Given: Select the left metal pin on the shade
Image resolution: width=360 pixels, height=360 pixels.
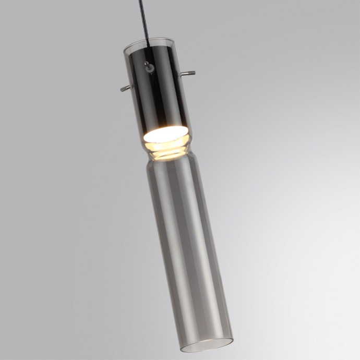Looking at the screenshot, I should (125, 88).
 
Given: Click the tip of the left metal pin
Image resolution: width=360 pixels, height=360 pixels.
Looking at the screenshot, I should (121, 89).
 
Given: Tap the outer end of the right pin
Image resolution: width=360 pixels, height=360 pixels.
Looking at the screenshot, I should (194, 73).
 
